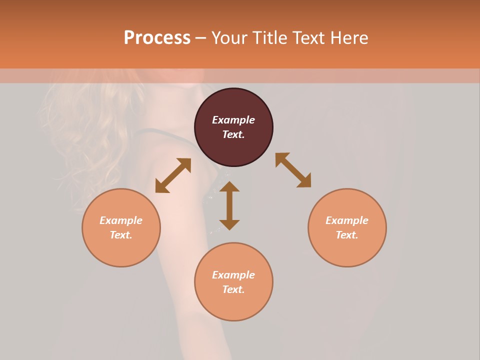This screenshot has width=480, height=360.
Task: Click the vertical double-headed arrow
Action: pyautogui.click(x=229, y=205)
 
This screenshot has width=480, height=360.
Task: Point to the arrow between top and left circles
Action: pyautogui.click(x=173, y=175)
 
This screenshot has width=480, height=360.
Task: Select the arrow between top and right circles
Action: pyautogui.click(x=293, y=170)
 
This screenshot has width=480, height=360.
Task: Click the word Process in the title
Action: pyautogui.click(x=157, y=37)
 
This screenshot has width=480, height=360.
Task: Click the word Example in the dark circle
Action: pyautogui.click(x=233, y=120)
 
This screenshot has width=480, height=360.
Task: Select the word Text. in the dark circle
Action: pyautogui.click(x=233, y=134)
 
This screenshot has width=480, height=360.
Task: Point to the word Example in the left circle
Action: pyautogui.click(x=121, y=220)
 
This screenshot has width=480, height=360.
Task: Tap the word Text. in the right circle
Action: pyautogui.click(x=347, y=235)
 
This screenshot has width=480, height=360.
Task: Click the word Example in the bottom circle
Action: pyautogui.click(x=233, y=275)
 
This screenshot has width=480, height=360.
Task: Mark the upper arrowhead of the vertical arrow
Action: pyautogui.click(x=229, y=186)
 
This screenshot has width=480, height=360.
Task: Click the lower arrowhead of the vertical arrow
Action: pyautogui.click(x=229, y=224)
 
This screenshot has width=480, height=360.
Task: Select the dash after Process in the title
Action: pyautogui.click(x=200, y=38)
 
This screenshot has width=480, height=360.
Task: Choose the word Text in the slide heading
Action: pyautogui.click(x=308, y=37)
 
